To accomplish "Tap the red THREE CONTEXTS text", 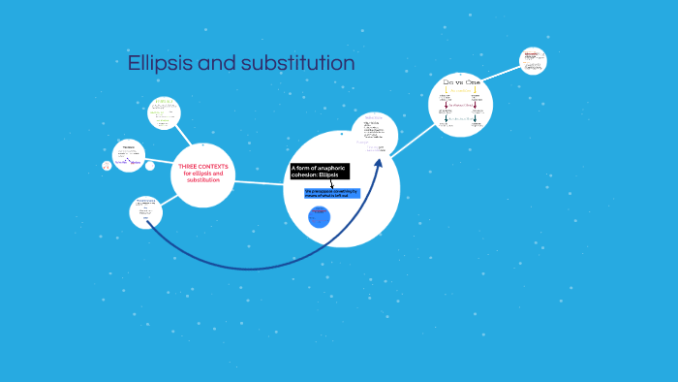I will click(203, 173).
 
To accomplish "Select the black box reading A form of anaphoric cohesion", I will click(319, 171).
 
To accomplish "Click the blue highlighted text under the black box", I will click(331, 193).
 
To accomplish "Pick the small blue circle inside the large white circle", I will click(320, 217).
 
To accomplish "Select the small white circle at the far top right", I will click(532, 60).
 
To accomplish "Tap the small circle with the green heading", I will click(164, 112).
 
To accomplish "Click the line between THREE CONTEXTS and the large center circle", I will click(259, 181).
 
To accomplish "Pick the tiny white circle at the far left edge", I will click(107, 166).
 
